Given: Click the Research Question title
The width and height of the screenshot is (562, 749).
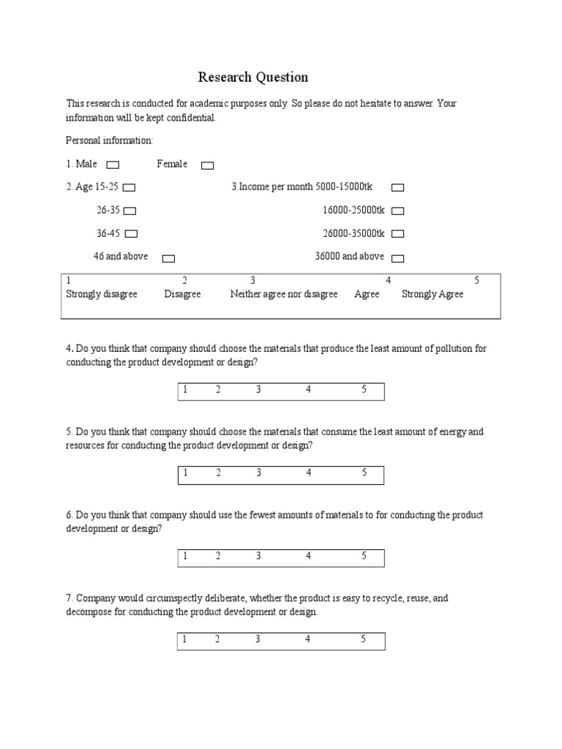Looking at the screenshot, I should coord(253,78).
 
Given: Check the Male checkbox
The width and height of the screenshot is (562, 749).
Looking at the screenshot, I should coord(113,165).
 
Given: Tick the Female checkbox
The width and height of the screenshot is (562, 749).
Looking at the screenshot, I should coord(208,165).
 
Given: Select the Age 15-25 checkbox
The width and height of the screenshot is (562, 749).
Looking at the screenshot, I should coord(130,188).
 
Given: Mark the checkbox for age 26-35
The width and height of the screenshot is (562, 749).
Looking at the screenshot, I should coord(130,211).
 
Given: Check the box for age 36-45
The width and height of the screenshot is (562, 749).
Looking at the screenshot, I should coord(131,234).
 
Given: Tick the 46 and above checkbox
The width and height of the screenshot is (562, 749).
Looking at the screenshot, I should coord(168,258).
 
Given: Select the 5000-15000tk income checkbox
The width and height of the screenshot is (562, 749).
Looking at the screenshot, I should coord(397,188).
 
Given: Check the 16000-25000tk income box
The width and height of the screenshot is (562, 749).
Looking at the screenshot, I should coord(397,211).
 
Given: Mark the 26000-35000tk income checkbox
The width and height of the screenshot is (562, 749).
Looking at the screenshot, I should coord(397,234).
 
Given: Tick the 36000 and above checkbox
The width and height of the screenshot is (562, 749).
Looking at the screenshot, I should coord(397,258).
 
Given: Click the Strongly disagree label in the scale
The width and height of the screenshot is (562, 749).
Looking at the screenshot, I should coord(102,294).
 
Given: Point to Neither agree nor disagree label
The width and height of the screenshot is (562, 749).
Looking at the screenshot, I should coord(284,294).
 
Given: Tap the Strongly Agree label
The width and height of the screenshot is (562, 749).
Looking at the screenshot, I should coord(432,294).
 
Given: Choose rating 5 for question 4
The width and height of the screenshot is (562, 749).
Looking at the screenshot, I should coord(364,390).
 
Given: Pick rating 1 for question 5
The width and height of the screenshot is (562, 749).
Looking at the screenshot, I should coord(186,473).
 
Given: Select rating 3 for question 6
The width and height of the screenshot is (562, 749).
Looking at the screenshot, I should coord(258,557).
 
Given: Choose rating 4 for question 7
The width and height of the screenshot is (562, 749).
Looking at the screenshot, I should coord(308,640).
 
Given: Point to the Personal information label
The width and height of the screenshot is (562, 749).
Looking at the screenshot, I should coord(110,140).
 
